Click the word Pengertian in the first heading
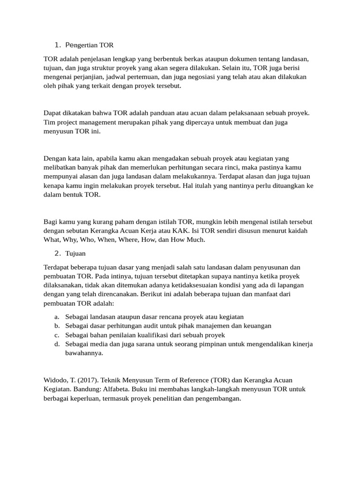point(82,45)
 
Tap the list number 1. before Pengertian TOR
point(58,45)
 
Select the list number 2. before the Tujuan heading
point(58,254)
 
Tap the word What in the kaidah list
point(52,240)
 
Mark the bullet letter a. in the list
point(56,317)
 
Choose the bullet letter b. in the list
point(56,326)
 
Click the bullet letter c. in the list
point(56,335)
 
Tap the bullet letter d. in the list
point(56,344)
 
